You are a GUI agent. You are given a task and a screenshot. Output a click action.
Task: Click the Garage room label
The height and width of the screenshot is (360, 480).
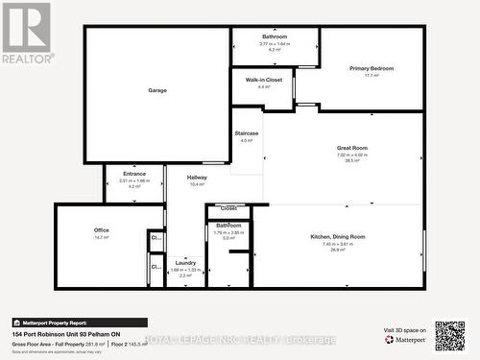(x=157, y=90)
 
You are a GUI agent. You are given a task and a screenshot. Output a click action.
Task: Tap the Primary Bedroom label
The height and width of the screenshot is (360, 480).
(x=371, y=69)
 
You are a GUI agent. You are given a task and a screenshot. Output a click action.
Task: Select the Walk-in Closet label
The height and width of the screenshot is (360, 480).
(x=263, y=80)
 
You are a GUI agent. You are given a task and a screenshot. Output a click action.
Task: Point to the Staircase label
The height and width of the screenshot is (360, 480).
(x=247, y=133)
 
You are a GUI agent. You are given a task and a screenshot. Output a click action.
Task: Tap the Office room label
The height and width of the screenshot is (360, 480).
(x=101, y=230)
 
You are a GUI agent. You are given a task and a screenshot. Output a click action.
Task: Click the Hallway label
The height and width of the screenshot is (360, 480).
(x=197, y=178)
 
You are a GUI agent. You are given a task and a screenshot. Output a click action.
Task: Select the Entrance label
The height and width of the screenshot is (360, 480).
(x=134, y=174)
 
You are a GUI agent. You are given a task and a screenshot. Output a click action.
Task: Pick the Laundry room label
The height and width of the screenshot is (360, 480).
(x=186, y=263)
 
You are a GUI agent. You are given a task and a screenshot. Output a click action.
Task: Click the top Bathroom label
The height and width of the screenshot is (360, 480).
(x=275, y=36)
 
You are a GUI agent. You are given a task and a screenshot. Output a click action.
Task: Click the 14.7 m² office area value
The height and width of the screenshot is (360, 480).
(x=101, y=237)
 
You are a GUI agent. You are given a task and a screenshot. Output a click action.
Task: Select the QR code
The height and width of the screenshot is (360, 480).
(x=449, y=336)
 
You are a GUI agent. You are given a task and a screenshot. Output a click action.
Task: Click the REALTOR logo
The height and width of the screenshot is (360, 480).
(x=26, y=32)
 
